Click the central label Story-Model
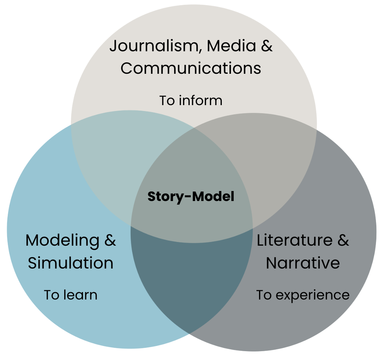(191, 197)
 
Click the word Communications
(191, 68)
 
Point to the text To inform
(191, 100)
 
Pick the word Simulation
(70, 263)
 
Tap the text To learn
(70, 295)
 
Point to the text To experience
(303, 295)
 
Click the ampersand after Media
(267, 46)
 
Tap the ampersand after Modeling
(110, 240)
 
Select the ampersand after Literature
(343, 240)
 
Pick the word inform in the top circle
(201, 100)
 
